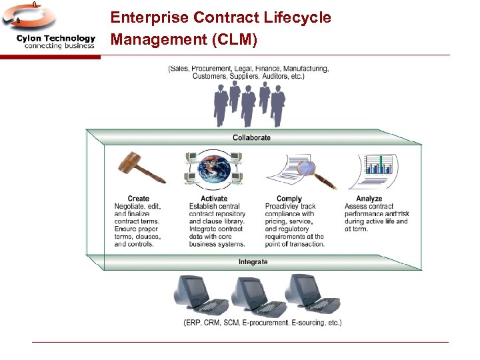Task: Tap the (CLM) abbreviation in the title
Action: coord(233,40)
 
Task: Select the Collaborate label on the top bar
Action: coord(251,138)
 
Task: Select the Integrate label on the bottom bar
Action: coord(253,262)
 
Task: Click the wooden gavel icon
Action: coord(141,169)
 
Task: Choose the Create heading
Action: coord(138,199)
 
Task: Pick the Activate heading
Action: coord(213,199)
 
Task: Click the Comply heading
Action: coord(289,199)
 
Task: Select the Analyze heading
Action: coord(369,199)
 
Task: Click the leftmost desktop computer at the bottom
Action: coord(196,295)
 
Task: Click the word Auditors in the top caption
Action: coord(267,76)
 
